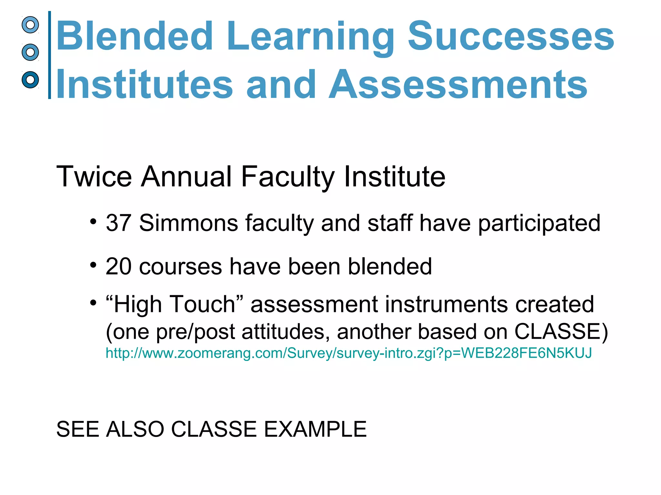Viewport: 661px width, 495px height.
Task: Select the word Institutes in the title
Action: coord(144,84)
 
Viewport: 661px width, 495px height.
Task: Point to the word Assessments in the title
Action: coord(458,84)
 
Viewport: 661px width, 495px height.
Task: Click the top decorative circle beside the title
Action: coord(30,25)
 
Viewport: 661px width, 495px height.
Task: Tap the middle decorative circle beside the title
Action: coord(30,52)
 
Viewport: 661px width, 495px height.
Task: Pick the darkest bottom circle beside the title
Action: coord(30,80)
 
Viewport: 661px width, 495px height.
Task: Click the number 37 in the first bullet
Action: coord(118,223)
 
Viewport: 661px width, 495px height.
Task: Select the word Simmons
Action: coord(188,223)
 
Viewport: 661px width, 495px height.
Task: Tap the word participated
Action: coord(539,223)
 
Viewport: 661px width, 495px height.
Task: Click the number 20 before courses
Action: coord(118,267)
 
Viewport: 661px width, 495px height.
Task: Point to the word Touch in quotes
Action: coord(202,304)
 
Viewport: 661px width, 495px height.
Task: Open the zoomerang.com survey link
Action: coord(349,353)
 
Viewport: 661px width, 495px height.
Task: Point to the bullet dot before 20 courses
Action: coord(93,265)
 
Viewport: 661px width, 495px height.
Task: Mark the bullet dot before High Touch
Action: coord(93,303)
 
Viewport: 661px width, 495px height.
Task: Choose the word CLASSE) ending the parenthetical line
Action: coord(561,332)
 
